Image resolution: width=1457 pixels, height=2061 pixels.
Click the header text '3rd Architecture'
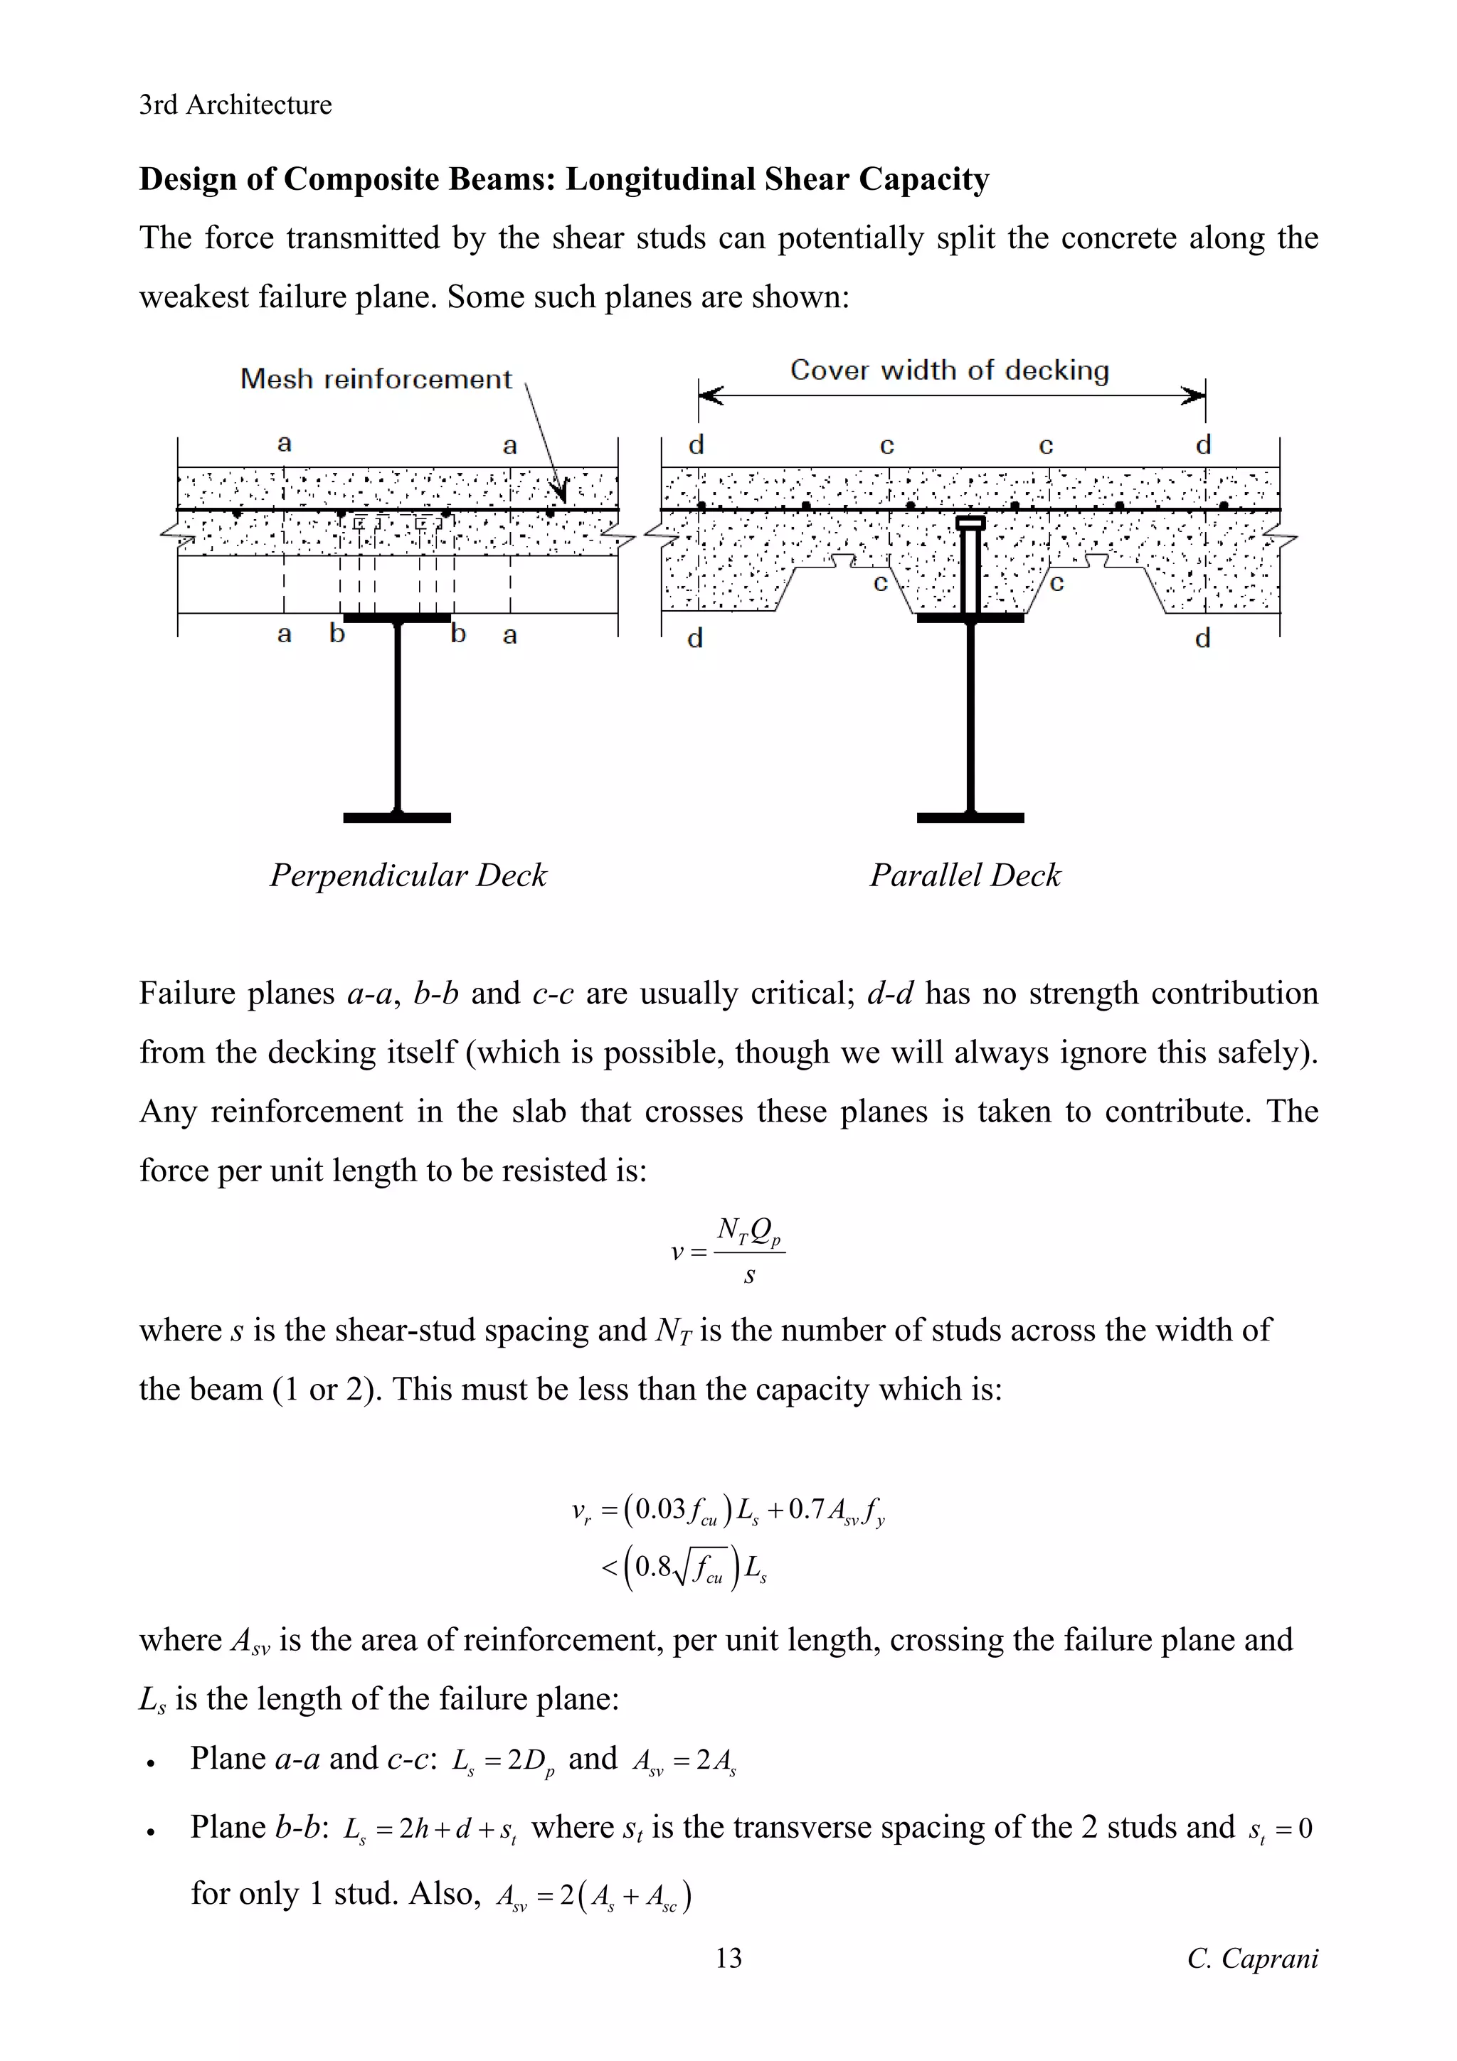pyautogui.click(x=235, y=105)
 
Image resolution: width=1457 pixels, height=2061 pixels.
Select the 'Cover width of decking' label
pyautogui.click(x=949, y=370)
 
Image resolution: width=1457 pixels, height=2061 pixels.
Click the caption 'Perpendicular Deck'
pyautogui.click(x=408, y=875)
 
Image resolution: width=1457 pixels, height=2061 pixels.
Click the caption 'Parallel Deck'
pyautogui.click(x=965, y=875)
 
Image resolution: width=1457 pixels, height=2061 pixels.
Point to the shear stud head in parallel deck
pyautogui.click(x=970, y=523)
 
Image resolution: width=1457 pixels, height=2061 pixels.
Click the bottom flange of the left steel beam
pyautogui.click(x=397, y=817)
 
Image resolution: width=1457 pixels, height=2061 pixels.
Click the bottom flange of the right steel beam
pyautogui.click(x=970, y=817)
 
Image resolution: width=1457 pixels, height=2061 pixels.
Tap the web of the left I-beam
pyautogui.click(x=397, y=718)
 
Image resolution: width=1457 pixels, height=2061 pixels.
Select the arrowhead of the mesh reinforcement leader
pyautogui.click(x=561, y=492)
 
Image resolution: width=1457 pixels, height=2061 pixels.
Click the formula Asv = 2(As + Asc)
pyautogui.click(x=593, y=1897)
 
